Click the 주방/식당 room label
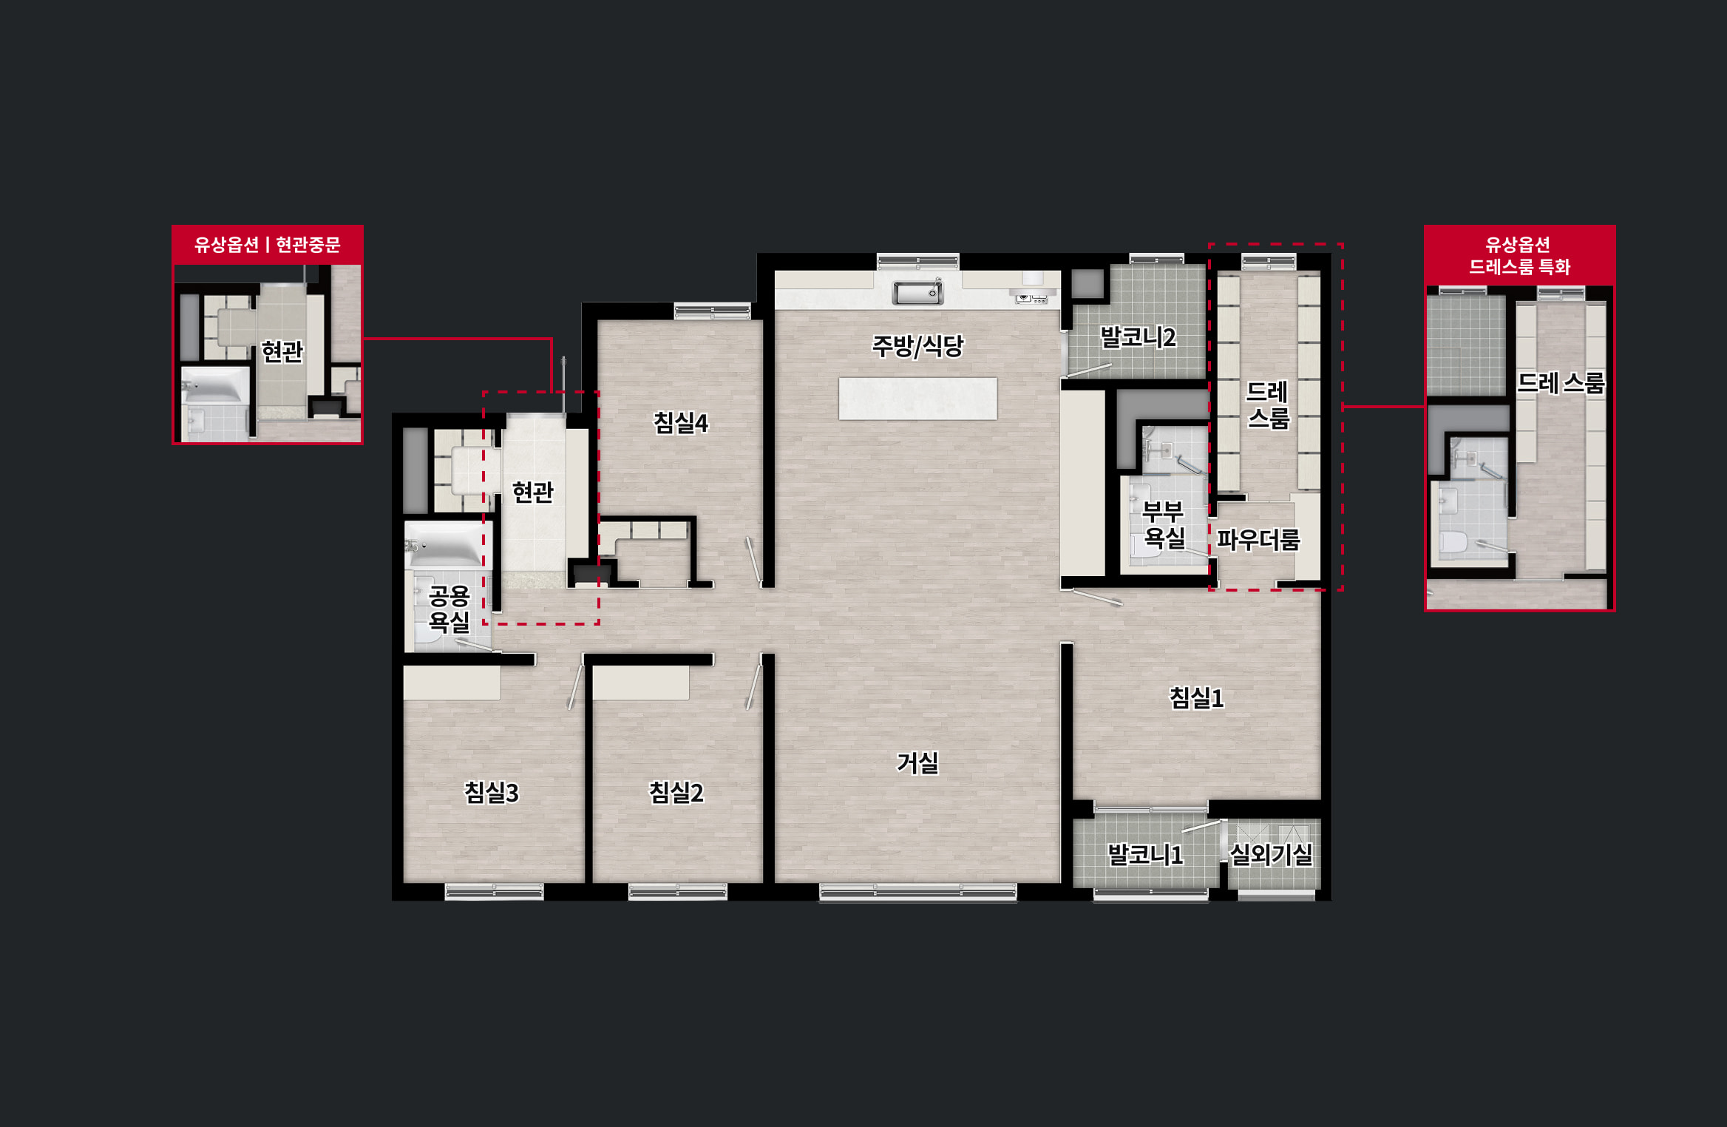[917, 346]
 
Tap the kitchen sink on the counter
[917, 293]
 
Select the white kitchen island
[917, 399]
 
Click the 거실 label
[917, 762]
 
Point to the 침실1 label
[1196, 697]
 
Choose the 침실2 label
[676, 793]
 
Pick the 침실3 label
[491, 793]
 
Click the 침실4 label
[680, 423]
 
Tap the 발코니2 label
[1138, 338]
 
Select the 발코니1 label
[1145, 855]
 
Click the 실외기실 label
[1271, 855]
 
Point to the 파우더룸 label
[1258, 540]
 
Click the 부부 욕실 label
[1164, 524]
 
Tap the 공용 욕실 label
[449, 609]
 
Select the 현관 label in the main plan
[532, 492]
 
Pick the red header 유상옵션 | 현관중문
[268, 245]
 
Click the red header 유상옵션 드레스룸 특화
[1519, 255]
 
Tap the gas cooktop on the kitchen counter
[1031, 298]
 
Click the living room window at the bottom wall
[917, 893]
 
